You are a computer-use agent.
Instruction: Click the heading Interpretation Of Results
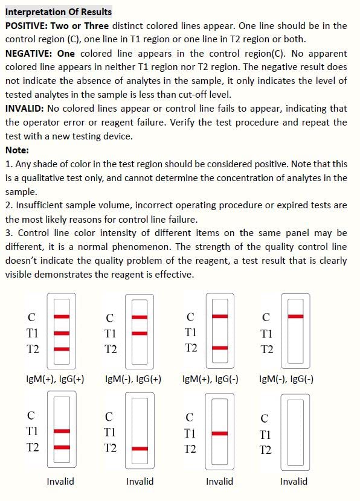point(58,11)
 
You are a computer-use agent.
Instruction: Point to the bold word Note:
point(17,150)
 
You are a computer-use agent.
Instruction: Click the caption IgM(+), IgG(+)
point(55,379)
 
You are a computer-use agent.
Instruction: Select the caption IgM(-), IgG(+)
point(133,379)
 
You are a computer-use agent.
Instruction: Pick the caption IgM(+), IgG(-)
point(210,379)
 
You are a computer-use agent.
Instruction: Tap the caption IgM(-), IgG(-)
point(286,379)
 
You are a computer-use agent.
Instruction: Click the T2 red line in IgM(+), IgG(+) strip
point(62,348)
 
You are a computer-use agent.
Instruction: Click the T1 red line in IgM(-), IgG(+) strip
point(140,333)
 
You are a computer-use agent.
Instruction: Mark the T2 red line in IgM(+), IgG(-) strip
point(220,348)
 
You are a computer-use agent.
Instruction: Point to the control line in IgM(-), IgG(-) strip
point(295,316)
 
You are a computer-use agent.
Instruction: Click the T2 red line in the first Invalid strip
point(62,447)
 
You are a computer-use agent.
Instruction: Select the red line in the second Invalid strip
point(140,448)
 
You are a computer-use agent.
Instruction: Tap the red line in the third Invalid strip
point(220,433)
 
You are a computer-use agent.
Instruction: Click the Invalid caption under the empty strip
point(294,482)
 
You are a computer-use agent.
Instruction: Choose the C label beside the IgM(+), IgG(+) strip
point(31,317)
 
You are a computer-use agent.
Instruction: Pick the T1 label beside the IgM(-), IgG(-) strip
point(266,334)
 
